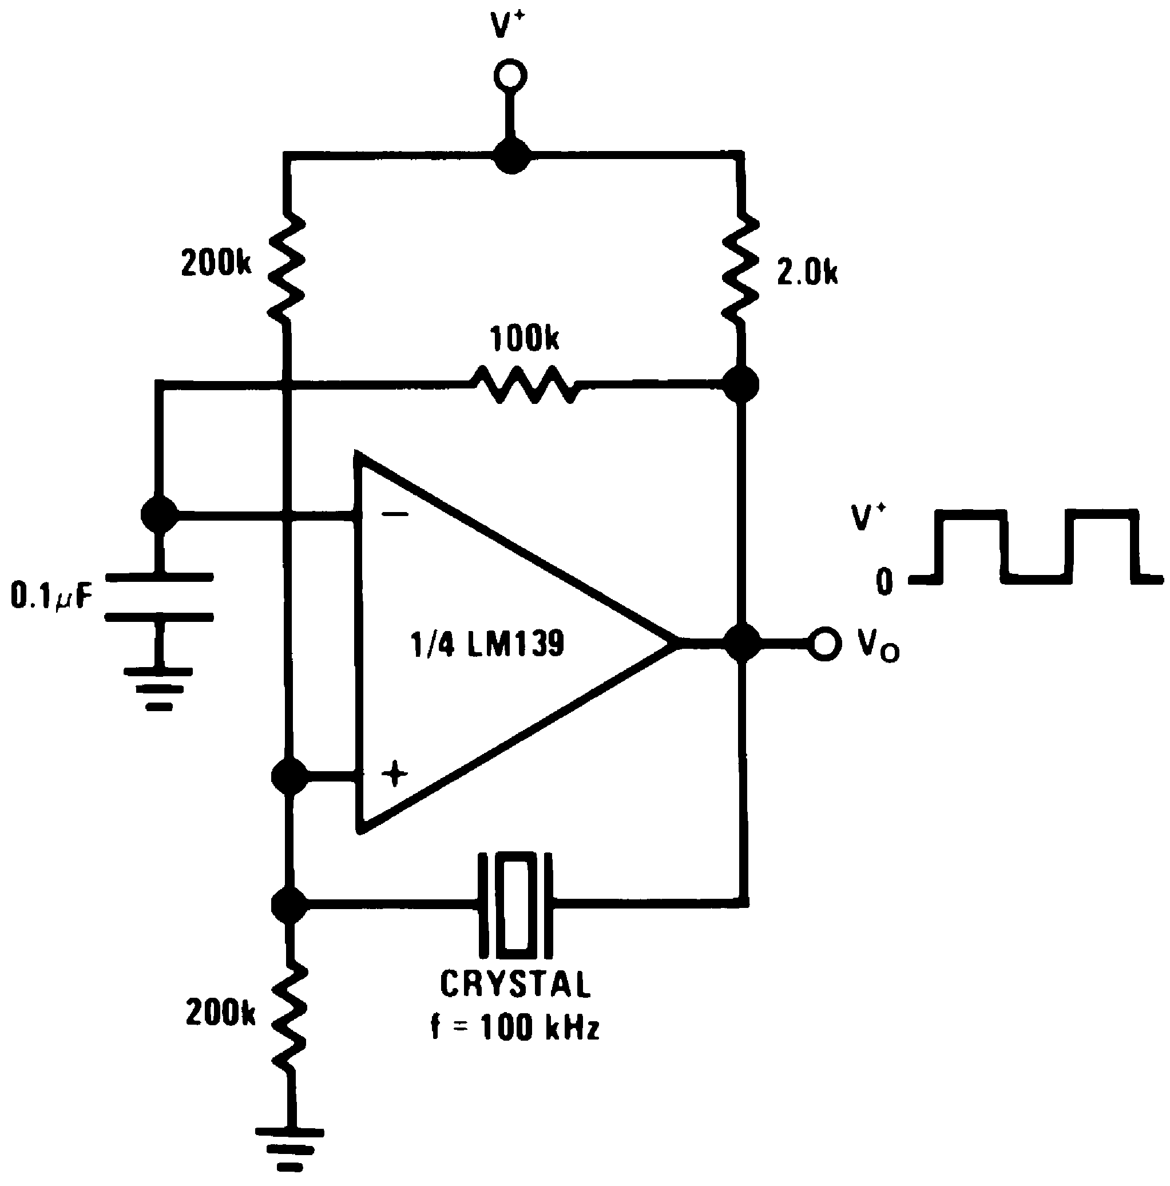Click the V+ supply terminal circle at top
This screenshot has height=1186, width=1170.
click(510, 76)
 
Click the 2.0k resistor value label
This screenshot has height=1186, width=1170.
click(807, 272)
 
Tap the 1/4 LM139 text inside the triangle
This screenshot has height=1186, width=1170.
click(487, 644)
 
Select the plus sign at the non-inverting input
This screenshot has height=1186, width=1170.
click(394, 774)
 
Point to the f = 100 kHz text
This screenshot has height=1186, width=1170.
click(514, 1027)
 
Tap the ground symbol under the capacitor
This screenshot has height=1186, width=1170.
click(159, 688)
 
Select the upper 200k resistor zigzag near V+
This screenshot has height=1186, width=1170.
click(287, 265)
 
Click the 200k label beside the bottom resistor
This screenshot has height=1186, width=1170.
click(220, 1012)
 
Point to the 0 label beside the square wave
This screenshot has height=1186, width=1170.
click(884, 581)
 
